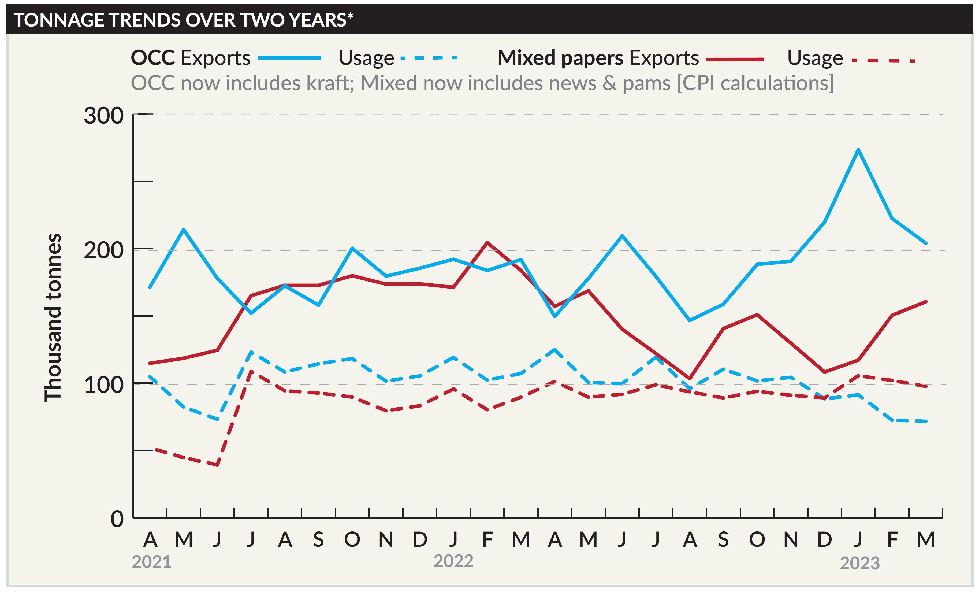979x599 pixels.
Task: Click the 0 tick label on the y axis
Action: (117, 519)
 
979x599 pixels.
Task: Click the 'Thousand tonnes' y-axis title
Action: (53, 318)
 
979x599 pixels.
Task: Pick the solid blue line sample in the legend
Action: (289, 58)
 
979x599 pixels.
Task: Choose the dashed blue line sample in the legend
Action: (429, 58)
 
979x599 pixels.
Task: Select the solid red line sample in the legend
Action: (735, 60)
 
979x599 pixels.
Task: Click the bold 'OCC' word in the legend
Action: (153, 58)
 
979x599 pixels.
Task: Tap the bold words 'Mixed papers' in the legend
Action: (560, 58)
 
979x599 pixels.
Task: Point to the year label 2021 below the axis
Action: (151, 562)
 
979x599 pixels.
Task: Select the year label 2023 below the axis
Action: (860, 563)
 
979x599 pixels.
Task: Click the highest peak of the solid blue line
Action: (858, 150)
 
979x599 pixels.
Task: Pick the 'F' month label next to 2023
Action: (892, 539)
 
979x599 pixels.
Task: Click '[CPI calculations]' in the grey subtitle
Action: (755, 83)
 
